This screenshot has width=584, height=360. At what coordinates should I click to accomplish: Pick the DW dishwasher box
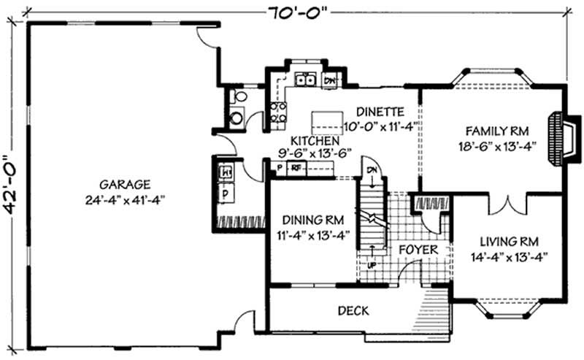(x=330, y=80)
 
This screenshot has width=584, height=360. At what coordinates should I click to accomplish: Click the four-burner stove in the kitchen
(x=279, y=112)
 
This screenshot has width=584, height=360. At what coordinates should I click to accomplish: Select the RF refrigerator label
(x=297, y=167)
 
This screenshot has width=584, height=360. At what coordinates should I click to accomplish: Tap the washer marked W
(x=226, y=173)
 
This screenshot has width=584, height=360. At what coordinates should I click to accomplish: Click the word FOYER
(x=418, y=250)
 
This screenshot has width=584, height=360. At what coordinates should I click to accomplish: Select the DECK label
(x=353, y=310)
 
